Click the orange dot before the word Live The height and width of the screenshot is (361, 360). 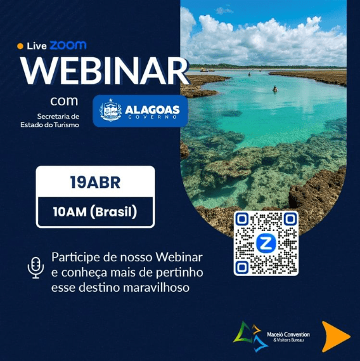coord(20,46)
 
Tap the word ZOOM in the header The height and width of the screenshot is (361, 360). coord(68,46)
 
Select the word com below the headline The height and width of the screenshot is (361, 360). coord(64,101)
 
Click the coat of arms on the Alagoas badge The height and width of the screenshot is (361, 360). coord(111,111)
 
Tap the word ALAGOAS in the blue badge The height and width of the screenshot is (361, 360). coord(152,108)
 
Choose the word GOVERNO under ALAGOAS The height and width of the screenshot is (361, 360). coord(152,118)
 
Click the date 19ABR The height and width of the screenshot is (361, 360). coord(95,183)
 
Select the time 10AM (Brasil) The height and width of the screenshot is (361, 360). coord(95,211)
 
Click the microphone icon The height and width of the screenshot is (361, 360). coord(35,267)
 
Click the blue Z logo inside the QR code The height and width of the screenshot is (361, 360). coord(266,244)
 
